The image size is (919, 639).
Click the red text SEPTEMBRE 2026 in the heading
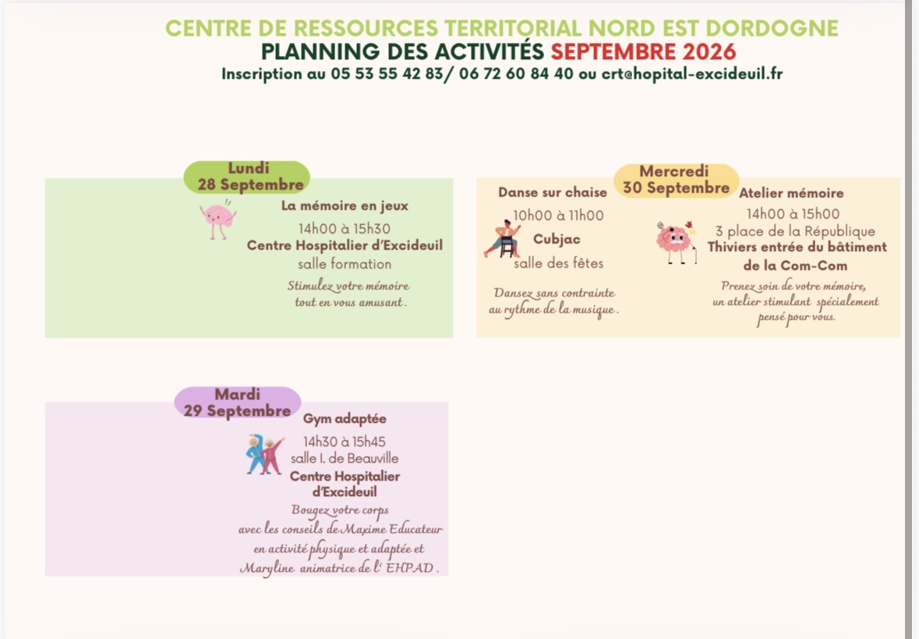643,51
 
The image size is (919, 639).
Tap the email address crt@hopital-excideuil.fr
692,74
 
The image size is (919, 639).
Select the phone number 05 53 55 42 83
387,74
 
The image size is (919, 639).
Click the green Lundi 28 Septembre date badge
247,176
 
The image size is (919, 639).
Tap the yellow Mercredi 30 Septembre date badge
677,180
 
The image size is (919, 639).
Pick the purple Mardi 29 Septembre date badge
238,403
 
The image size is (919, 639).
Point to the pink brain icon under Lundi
217,219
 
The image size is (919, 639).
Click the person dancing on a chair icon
504,239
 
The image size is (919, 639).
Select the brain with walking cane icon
677,243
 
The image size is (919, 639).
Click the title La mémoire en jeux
345,206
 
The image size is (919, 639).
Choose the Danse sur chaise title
553,193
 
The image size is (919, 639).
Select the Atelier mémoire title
791,193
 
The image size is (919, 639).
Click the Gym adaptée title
345,419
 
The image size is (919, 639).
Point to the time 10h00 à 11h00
559,215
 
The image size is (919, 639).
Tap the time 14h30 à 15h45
344,442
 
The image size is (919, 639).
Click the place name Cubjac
557,240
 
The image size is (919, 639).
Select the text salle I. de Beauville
345,458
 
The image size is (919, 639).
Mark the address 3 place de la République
795,231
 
